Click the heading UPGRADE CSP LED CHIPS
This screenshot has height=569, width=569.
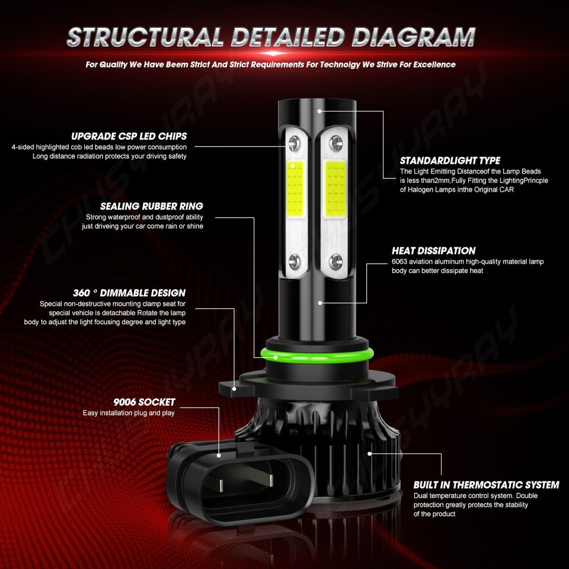coord(129,136)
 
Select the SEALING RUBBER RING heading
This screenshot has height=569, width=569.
coord(152,206)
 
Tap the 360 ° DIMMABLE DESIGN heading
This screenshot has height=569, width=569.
coord(129,293)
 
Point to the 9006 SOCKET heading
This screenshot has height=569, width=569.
coord(144,402)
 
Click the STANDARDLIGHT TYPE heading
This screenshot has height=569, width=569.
coord(450,161)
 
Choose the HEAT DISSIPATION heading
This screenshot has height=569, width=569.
coord(434,251)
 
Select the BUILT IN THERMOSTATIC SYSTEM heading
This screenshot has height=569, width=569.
coord(486,485)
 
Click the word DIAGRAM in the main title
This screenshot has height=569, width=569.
coord(414,37)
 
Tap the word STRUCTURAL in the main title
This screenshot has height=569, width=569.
coord(145,37)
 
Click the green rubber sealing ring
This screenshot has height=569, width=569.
coord(317,355)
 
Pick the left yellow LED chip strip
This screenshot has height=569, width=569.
coord(295,188)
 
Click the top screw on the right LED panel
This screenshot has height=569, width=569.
coord(336,143)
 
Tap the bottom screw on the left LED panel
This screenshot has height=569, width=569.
coord(295,261)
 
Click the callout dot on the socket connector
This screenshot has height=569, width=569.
coord(219,455)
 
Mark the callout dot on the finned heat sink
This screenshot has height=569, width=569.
coord(369,453)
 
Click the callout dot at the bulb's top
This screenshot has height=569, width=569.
coord(319,111)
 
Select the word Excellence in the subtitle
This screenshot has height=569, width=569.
coord(434,65)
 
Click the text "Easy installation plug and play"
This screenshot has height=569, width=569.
coord(129,413)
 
